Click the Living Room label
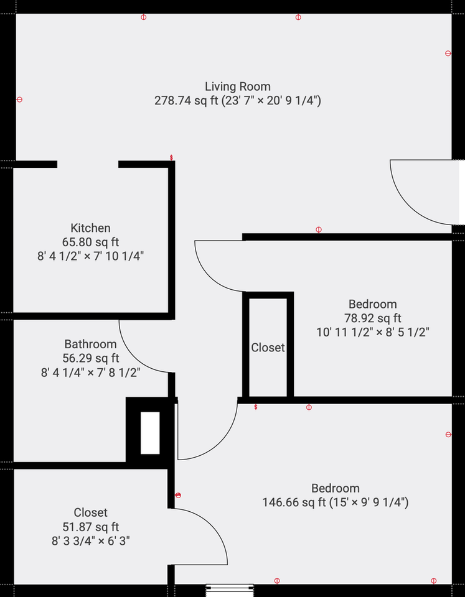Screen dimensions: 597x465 238,86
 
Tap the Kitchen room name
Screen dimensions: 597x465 90,228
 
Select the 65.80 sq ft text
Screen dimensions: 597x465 90,242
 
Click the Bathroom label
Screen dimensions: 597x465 90,344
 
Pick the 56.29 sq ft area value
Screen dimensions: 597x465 90,358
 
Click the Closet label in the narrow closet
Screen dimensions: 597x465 268,348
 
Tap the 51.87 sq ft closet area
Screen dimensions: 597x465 90,527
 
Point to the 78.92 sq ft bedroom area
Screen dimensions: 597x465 372,318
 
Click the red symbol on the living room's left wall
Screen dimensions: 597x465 19,99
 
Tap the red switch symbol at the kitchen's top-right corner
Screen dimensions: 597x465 171,157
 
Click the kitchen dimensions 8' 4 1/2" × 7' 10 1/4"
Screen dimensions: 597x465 90,256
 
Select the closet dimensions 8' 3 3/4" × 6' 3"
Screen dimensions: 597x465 90,540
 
